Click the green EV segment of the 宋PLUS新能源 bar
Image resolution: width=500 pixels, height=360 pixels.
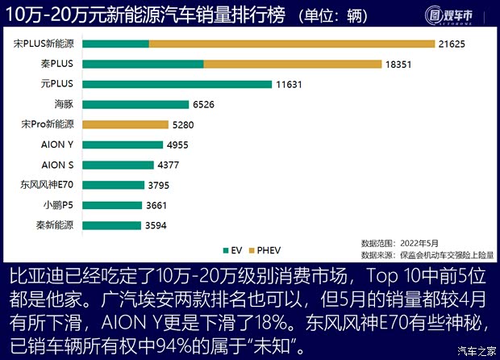(115, 44)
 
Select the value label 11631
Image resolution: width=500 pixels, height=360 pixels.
(293, 84)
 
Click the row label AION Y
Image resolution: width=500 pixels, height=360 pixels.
(57, 144)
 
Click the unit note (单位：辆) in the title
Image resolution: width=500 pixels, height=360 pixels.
(331, 15)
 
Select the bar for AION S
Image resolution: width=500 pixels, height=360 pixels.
(118, 165)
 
